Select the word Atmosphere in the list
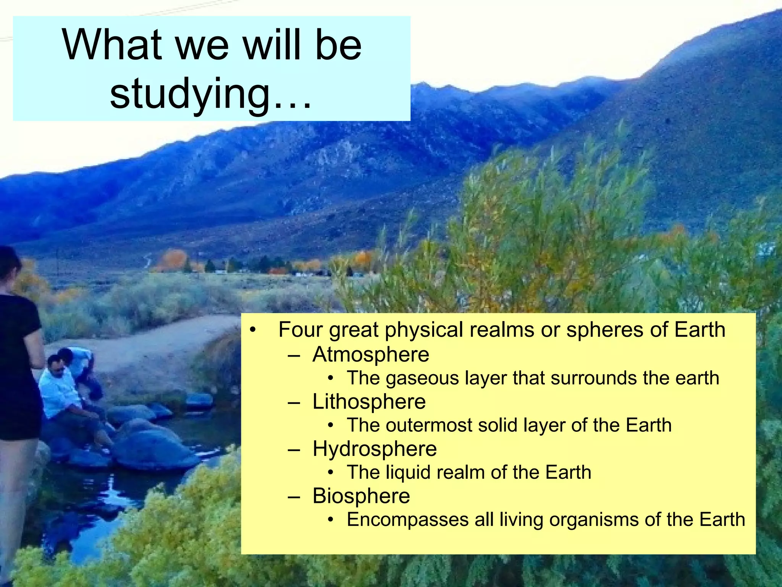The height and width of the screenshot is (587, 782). (x=370, y=355)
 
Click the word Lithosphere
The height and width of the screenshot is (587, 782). (x=369, y=402)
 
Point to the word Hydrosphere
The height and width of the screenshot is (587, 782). (x=374, y=449)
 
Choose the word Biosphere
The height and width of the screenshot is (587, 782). (x=361, y=496)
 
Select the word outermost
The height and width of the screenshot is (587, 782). (x=429, y=425)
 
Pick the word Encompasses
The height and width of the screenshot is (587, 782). (x=407, y=520)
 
